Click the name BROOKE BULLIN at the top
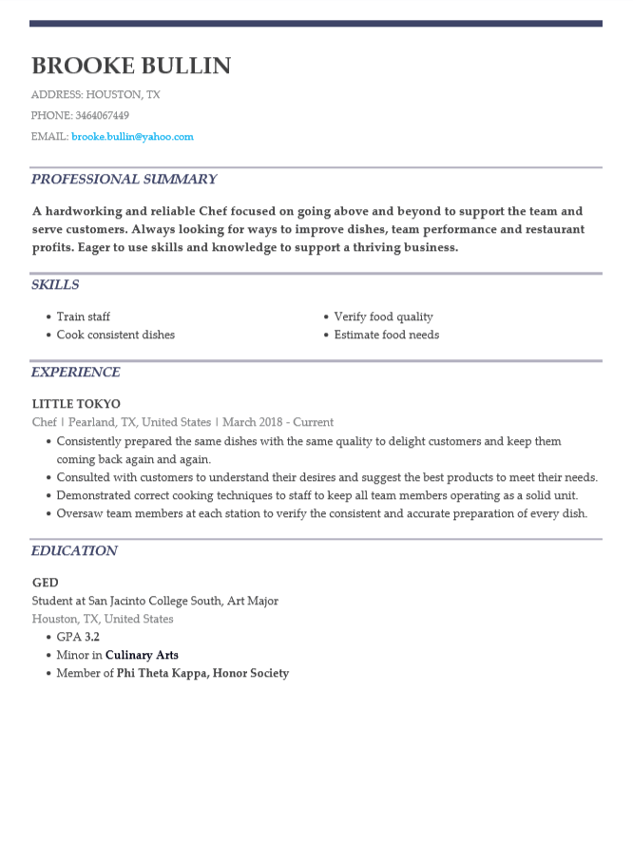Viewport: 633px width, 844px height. click(x=131, y=66)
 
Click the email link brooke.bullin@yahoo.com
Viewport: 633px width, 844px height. click(x=132, y=137)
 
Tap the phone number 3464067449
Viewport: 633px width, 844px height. click(x=102, y=116)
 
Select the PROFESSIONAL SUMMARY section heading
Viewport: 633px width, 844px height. click(x=124, y=179)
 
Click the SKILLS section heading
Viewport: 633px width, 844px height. click(x=55, y=284)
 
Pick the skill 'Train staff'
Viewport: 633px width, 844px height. click(x=83, y=316)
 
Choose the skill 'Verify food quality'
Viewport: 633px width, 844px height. click(x=383, y=316)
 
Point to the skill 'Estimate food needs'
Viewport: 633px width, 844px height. click(x=386, y=335)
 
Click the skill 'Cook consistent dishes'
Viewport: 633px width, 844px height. click(x=115, y=335)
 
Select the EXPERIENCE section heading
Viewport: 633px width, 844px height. click(x=76, y=372)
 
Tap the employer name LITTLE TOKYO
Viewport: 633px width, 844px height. click(x=76, y=404)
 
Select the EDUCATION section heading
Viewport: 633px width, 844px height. click(x=74, y=550)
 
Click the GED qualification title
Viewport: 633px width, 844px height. click(x=46, y=583)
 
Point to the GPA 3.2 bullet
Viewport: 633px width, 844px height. click(x=78, y=637)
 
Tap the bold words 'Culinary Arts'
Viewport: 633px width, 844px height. click(x=142, y=655)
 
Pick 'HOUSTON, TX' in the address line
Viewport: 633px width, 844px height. click(x=123, y=95)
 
